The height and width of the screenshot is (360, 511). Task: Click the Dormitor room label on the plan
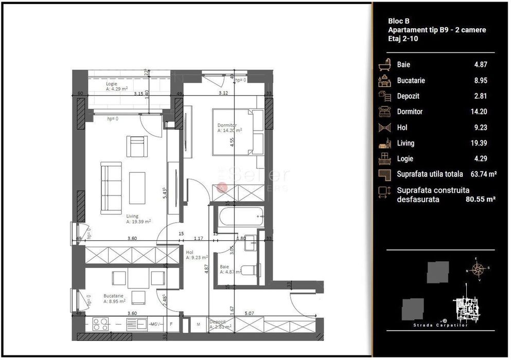coord(227,125)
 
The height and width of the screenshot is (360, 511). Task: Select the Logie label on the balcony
coord(112,83)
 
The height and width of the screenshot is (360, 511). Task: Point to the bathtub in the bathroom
coord(241,217)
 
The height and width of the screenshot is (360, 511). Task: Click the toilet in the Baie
coord(249,269)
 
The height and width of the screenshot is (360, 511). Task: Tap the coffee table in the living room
coord(137,187)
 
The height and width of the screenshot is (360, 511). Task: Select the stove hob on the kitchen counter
coord(99,324)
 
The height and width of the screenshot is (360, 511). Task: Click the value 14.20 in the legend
coord(480,112)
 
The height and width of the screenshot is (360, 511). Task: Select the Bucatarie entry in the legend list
coord(411,81)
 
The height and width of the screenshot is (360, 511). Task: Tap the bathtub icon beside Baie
coord(385,65)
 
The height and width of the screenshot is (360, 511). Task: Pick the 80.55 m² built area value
coord(480,199)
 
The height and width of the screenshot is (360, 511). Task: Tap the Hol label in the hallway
coord(189,253)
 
